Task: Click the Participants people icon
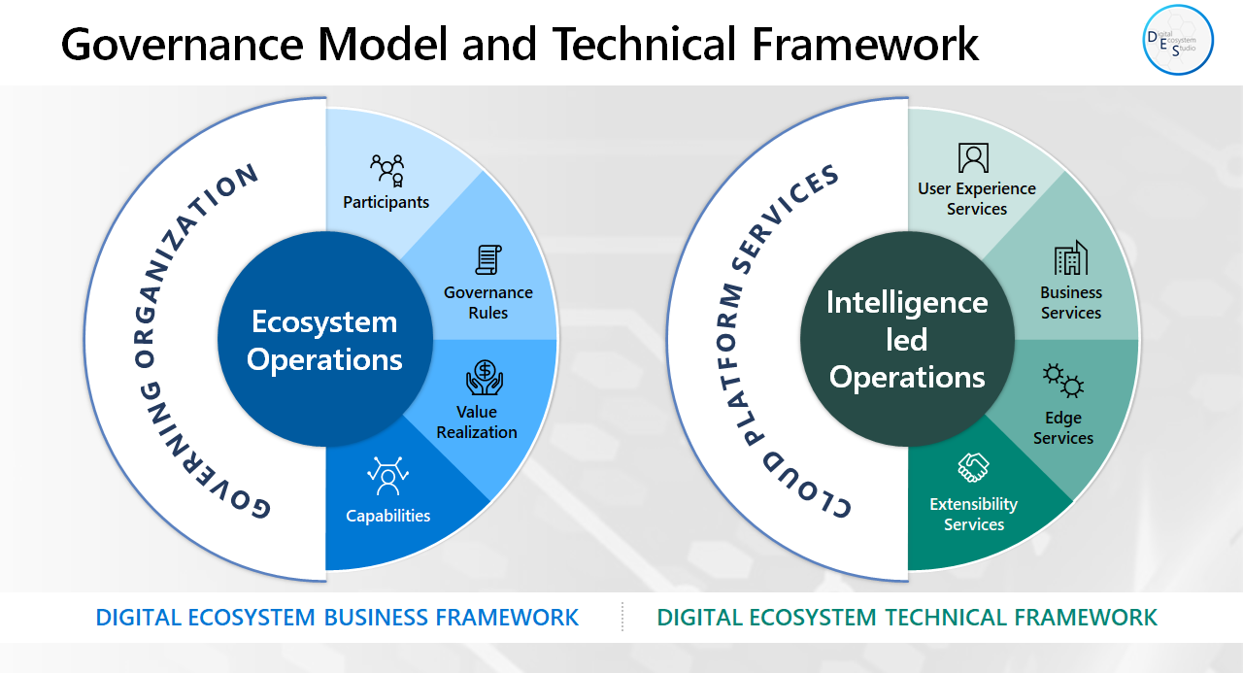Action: coord(387,170)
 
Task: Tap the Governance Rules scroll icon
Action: coord(487,259)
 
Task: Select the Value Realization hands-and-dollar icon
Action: coord(485,378)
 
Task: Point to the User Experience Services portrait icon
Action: coord(973,157)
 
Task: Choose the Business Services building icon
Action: coord(1070,258)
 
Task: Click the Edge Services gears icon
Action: coord(1063,381)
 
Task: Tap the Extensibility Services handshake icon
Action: coord(973,468)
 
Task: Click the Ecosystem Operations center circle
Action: coord(324,340)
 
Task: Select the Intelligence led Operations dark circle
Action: coord(907,340)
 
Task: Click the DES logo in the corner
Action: coord(1178,40)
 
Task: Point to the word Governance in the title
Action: coord(184,44)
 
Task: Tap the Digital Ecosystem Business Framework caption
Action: coord(337,618)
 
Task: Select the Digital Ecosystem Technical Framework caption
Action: coord(907,618)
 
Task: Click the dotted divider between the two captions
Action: coord(622,618)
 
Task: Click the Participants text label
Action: coord(386,202)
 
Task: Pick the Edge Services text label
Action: coord(1063,428)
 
